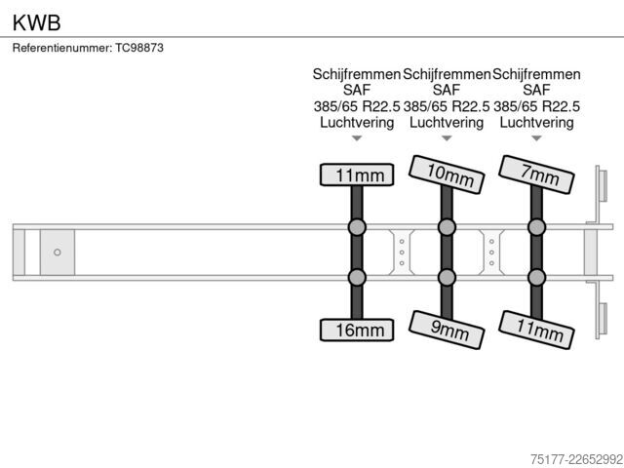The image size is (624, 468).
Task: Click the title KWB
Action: (37, 22)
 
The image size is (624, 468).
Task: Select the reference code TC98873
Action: (139, 48)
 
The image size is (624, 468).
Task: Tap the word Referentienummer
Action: (62, 48)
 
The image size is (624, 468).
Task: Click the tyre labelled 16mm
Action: (357, 330)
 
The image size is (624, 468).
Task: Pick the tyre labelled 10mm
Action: (447, 175)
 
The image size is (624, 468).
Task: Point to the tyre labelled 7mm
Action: (536, 175)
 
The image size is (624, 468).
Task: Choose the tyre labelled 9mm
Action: (447, 330)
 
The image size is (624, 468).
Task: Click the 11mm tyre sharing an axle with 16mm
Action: (357, 175)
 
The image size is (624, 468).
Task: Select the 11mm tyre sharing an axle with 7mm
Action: (536, 330)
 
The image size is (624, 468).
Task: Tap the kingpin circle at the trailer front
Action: (58, 253)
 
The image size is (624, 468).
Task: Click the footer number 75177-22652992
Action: (576, 459)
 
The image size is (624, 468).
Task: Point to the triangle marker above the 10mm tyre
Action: (447, 138)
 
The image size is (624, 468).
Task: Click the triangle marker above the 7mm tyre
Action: (536, 138)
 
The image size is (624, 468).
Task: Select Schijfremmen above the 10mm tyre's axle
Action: (447, 74)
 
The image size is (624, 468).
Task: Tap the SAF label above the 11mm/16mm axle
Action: (357, 90)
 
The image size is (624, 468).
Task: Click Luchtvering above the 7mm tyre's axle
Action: (536, 123)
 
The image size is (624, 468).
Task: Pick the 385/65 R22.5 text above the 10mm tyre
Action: (447, 106)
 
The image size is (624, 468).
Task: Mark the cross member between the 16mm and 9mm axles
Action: (402, 253)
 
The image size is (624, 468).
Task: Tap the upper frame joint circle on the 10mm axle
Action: (447, 227)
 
